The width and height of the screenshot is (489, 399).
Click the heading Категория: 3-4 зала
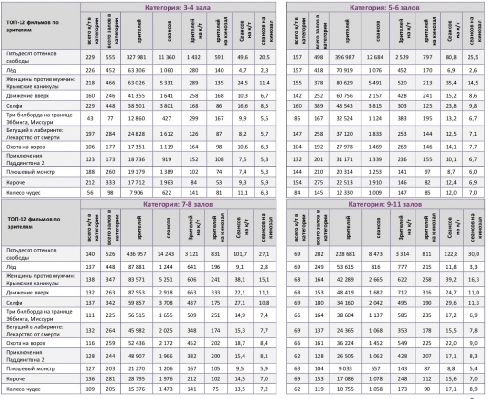177,8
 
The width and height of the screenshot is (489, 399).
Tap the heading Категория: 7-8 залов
178,204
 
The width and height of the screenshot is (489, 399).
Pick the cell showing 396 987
347,57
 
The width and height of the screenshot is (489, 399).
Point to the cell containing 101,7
242,253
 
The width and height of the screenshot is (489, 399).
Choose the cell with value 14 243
164,253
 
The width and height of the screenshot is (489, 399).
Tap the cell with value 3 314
401,253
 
